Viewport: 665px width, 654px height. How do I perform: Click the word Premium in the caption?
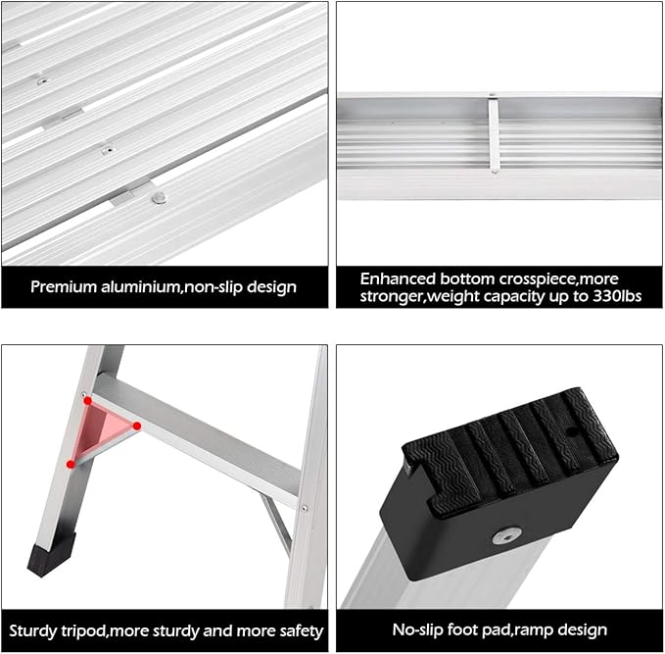64,287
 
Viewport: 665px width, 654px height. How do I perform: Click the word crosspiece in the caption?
537,279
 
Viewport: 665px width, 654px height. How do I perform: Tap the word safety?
302,631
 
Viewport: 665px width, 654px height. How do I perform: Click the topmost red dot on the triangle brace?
87,400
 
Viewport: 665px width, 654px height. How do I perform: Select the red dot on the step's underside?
136,426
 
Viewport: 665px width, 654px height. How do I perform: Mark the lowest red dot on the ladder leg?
71,464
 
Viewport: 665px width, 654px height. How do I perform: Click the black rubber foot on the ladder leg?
51,555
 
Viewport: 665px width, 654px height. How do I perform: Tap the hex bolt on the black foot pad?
506,536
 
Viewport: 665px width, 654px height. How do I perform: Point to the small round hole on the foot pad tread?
572,432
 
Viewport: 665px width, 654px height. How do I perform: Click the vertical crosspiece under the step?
494,134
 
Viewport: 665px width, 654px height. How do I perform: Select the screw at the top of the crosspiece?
492,94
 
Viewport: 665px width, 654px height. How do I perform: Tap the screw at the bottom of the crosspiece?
494,172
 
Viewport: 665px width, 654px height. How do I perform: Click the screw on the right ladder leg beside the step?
304,508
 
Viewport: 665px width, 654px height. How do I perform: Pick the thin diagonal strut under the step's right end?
276,524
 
